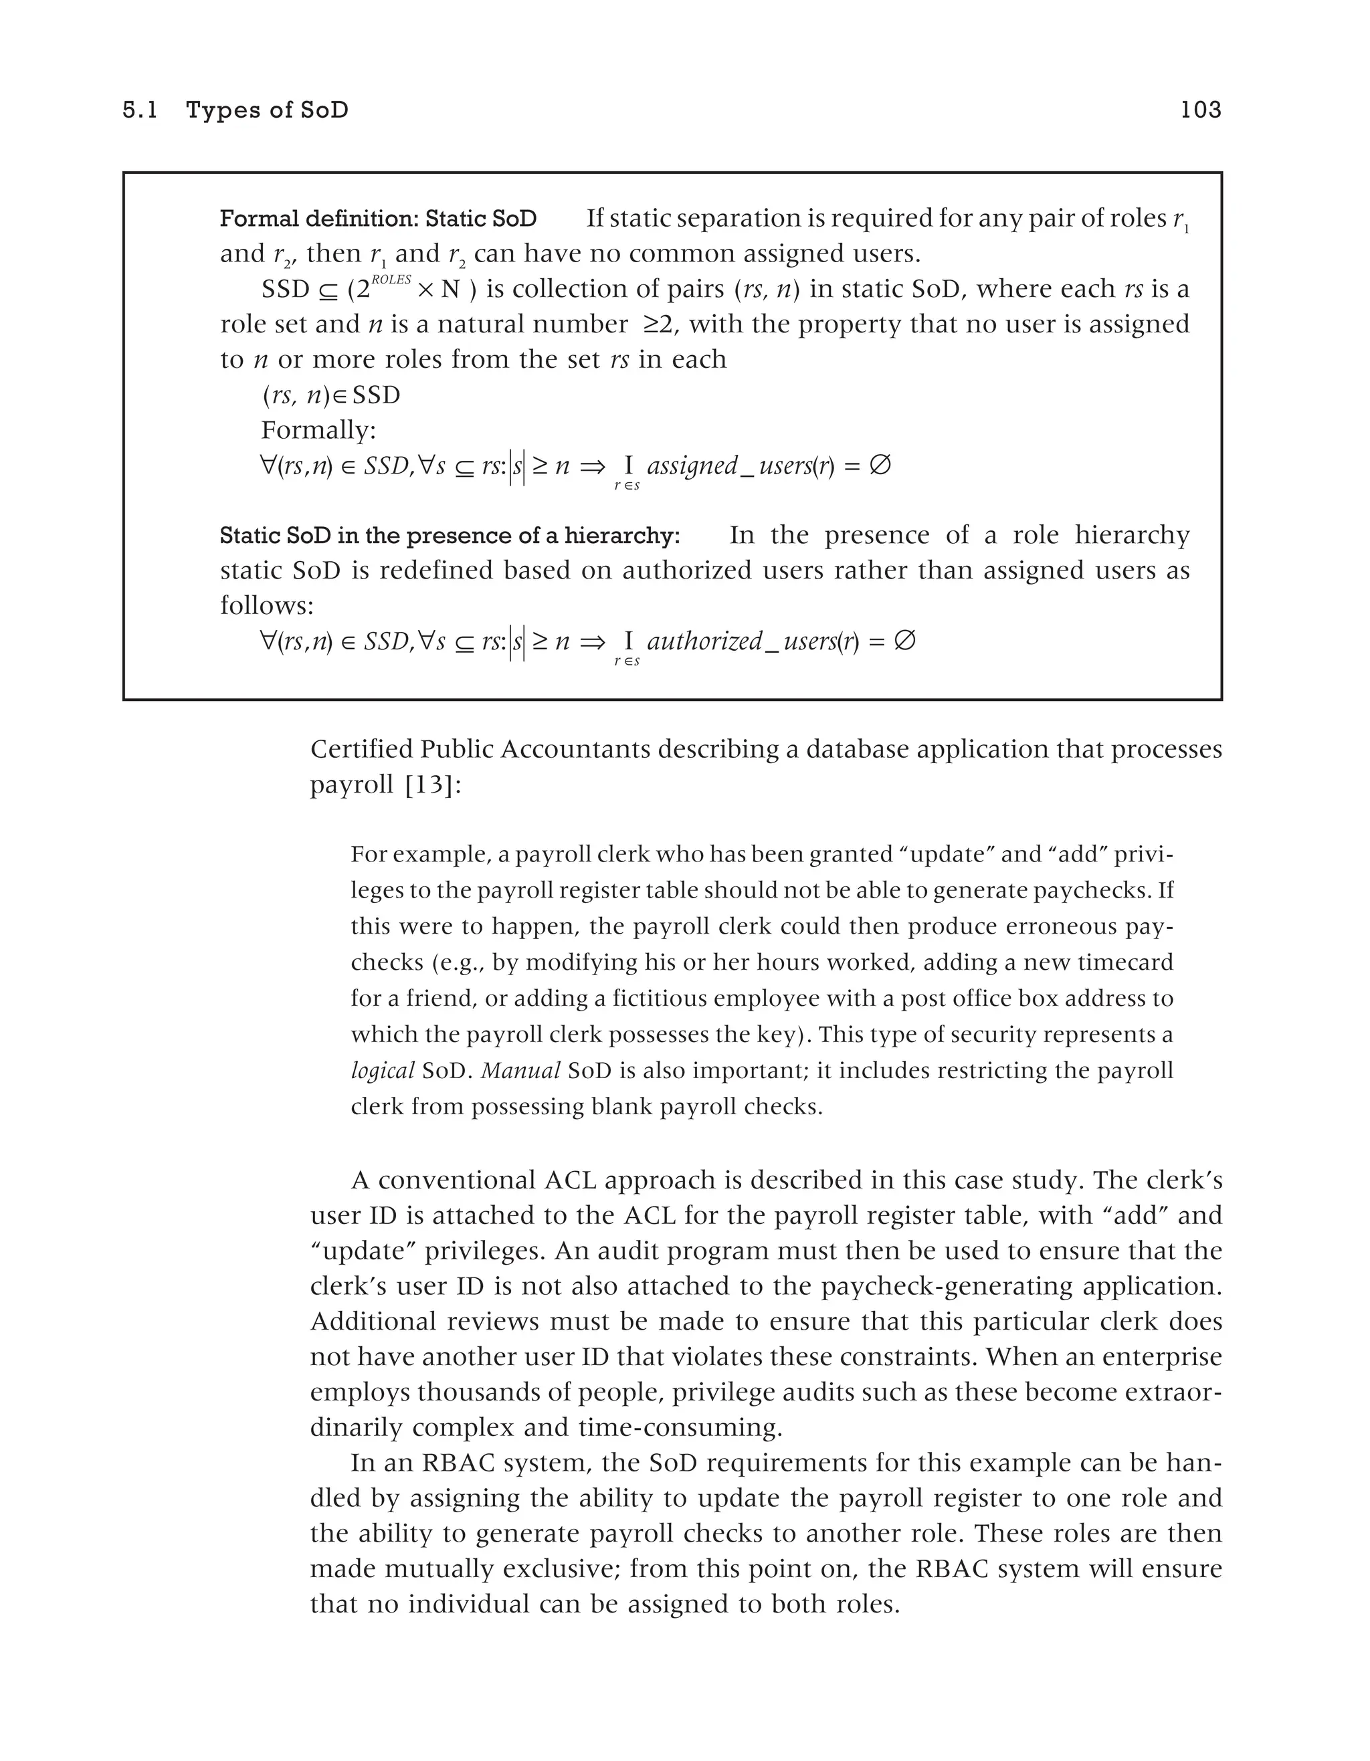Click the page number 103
coord(1201,110)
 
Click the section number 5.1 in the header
coord(140,110)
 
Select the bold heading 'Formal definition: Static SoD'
coord(378,219)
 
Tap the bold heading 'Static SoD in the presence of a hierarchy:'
coord(450,536)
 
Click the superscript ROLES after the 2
coord(391,279)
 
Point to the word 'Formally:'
coord(318,430)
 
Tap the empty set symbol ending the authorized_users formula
coord(906,641)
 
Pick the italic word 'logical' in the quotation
coord(382,1071)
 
